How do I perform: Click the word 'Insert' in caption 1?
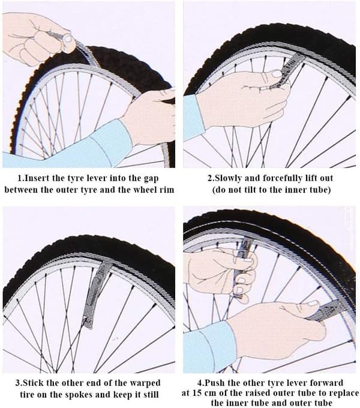pyautogui.click(x=37, y=178)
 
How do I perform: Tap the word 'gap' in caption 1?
pyautogui.click(x=151, y=179)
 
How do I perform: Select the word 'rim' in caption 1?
pyautogui.click(x=166, y=190)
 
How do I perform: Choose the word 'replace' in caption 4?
pyautogui.click(x=344, y=393)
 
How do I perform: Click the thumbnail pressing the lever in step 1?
pyautogui.click(x=68, y=39)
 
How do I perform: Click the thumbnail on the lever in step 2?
pyautogui.click(x=276, y=73)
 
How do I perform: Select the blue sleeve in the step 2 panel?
pyautogui.click(x=194, y=117)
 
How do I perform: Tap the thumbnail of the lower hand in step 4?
pyautogui.click(x=313, y=304)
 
